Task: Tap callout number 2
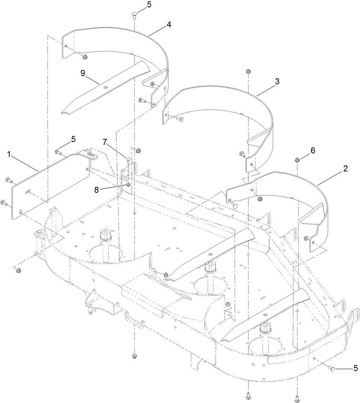coord(345,169)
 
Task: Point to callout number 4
coord(169,24)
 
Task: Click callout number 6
coord(313,151)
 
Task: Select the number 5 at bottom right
coord(355,369)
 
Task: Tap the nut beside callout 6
coord(297,161)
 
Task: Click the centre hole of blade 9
coord(106,87)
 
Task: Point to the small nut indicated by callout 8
coord(129,184)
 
